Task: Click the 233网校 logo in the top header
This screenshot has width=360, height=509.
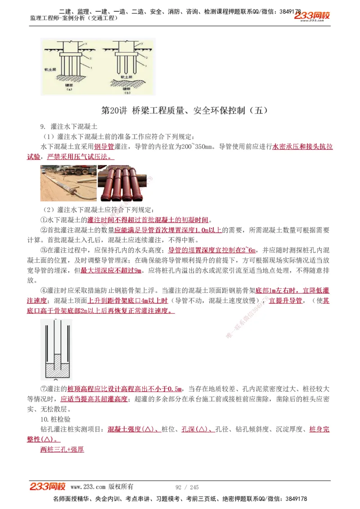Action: coord(312,17)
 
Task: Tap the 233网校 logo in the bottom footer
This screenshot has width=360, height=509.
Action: coord(48,487)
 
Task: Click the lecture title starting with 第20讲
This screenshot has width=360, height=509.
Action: coord(186,110)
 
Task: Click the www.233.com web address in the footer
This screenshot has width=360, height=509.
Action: coord(88,487)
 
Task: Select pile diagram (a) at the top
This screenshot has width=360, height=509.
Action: coord(69,67)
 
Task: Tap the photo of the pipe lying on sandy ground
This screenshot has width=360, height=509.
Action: coord(68,183)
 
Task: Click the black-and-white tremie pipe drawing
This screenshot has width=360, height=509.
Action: coord(56,348)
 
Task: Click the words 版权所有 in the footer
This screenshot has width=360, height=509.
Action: coord(121,487)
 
